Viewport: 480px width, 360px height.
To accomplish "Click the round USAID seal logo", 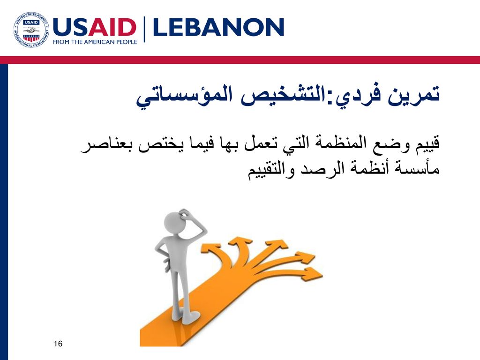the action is tap(31, 30).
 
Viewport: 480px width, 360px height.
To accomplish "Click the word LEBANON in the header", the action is tap(218, 27).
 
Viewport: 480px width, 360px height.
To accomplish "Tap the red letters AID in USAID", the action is tap(115, 28).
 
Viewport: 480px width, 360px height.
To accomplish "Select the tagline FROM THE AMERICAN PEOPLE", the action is tap(95, 42).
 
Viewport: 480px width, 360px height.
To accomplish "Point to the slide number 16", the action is tap(58, 344).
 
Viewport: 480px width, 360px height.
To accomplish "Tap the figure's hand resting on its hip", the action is tap(167, 263).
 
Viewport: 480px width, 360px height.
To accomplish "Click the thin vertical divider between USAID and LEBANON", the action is tap(144, 30).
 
